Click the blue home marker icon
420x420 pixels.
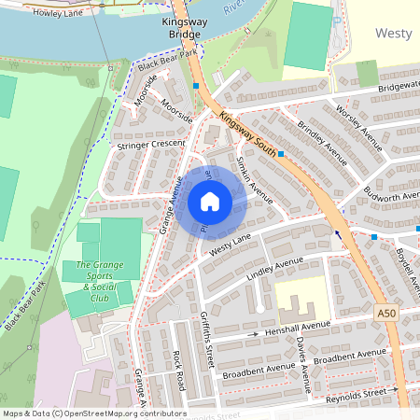[x=210, y=202]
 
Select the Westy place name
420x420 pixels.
[x=393, y=33]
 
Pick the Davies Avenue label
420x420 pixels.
[x=301, y=358]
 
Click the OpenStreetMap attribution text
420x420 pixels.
[x=93, y=413]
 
